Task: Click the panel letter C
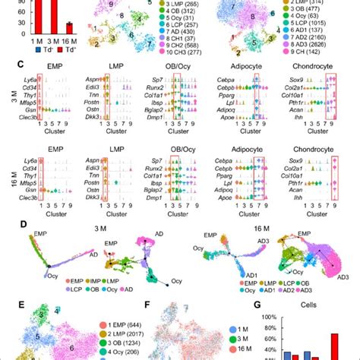tap(6, 65)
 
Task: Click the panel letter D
tap(6, 225)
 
